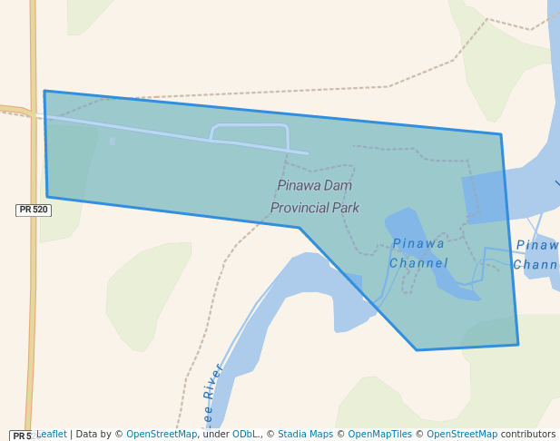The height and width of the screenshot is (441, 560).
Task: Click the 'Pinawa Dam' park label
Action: tap(314, 186)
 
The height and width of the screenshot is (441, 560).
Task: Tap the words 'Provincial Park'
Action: tap(314, 208)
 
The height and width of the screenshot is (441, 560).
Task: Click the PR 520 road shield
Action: tap(34, 210)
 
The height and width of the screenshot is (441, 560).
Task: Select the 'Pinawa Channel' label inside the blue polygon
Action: tap(418, 253)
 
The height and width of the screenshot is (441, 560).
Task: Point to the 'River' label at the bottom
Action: tap(213, 382)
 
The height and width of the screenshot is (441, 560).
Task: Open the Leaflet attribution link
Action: tap(51, 434)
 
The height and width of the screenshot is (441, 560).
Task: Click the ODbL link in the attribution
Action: tap(245, 434)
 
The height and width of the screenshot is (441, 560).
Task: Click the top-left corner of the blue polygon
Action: tap(44, 91)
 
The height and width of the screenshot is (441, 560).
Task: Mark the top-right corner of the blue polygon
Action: tap(500, 135)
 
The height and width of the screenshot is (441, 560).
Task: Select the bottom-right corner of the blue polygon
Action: tap(518, 345)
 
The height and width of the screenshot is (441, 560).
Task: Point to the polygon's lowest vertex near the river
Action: tap(417, 350)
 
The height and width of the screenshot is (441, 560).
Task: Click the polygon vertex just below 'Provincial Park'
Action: tap(300, 228)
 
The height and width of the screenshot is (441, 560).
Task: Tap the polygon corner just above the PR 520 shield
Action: tap(47, 197)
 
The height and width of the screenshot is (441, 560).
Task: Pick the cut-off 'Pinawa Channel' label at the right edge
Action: tap(536, 255)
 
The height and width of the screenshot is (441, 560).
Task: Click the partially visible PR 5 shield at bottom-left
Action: tap(21, 436)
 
